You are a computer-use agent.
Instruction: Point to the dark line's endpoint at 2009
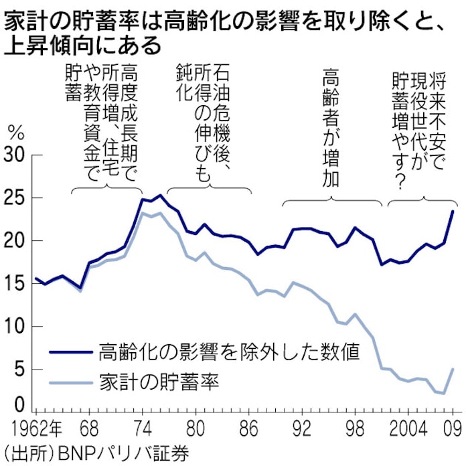click(453, 211)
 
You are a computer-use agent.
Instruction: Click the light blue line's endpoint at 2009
click(453, 369)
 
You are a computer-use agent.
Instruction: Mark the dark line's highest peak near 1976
click(159, 196)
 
